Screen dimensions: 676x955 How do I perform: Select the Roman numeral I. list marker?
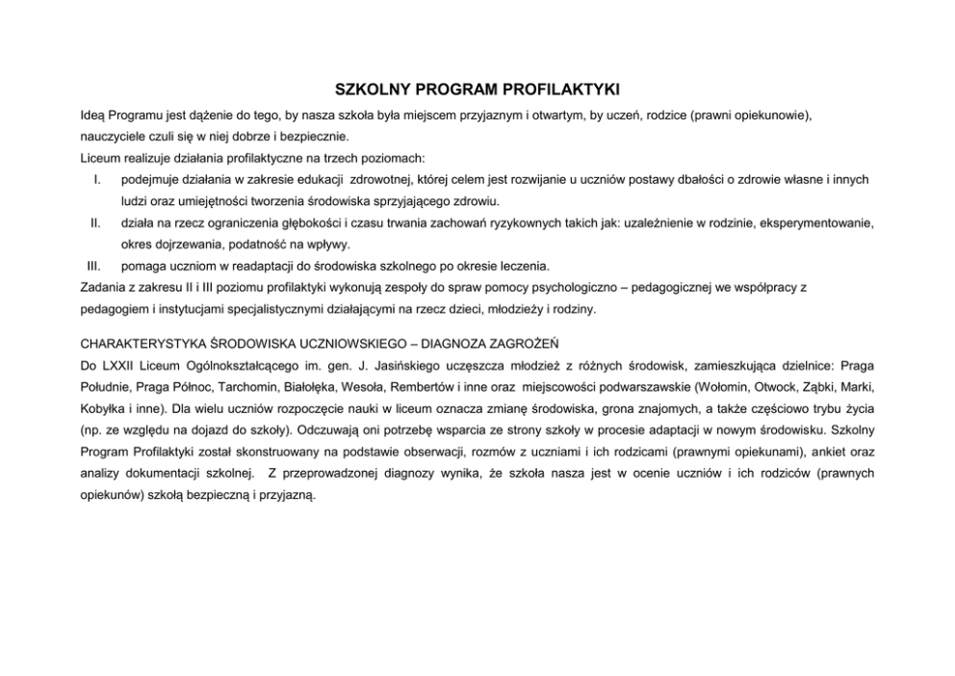click(97, 179)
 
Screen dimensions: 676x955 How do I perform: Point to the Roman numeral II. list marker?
click(95, 222)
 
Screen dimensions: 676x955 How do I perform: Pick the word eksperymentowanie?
click(818, 222)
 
